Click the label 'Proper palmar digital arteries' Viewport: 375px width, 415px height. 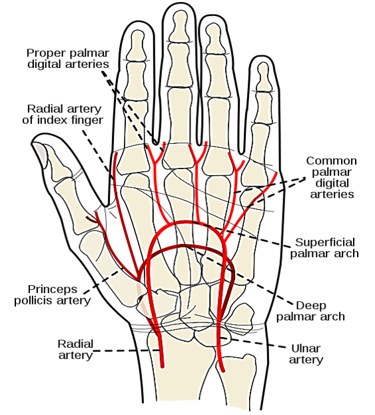click(x=68, y=59)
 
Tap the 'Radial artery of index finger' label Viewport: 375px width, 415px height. click(x=63, y=115)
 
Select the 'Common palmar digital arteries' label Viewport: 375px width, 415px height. click(x=332, y=177)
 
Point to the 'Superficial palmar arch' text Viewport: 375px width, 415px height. click(x=324, y=248)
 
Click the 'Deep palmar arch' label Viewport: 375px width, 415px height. click(x=310, y=311)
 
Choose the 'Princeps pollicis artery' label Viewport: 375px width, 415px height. click(x=53, y=295)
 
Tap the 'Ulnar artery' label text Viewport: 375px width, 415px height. click(x=306, y=354)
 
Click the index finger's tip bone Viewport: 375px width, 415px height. click(x=137, y=45)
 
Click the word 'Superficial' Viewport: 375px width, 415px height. click(x=325, y=242)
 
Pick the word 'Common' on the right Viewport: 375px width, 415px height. click(x=332, y=161)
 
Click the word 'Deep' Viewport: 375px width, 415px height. click(x=311, y=306)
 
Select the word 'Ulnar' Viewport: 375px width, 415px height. click(x=306, y=348)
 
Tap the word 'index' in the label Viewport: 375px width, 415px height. click(x=49, y=120)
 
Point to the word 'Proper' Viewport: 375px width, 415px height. click(x=45, y=53)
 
